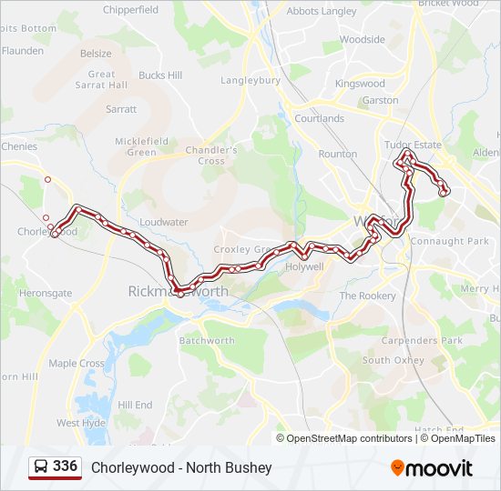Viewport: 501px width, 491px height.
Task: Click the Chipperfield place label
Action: tap(131, 10)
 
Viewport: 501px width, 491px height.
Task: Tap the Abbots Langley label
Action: tap(322, 12)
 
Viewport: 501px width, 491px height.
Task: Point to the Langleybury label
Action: tap(250, 80)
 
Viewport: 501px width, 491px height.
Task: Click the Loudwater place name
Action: tap(164, 222)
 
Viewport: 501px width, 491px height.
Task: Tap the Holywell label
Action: tap(304, 267)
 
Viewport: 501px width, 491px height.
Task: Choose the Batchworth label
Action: tap(207, 341)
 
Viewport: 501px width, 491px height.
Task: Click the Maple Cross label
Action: tap(77, 363)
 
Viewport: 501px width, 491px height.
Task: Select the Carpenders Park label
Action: tap(422, 341)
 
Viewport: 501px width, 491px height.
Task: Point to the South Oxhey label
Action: tap(394, 360)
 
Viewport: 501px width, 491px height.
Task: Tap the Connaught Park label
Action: tap(450, 241)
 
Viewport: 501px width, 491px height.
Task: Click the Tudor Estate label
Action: tap(413, 145)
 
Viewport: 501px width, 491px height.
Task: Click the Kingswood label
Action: tap(360, 84)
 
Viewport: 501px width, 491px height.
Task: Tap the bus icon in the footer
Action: tap(41, 467)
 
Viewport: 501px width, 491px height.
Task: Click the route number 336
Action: tap(65, 466)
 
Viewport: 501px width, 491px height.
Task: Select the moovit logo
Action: tap(432, 468)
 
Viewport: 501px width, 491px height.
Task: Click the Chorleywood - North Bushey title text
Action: tap(181, 468)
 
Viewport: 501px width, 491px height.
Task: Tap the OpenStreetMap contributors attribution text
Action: tap(349, 438)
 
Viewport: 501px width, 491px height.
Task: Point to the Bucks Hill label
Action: tap(160, 75)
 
